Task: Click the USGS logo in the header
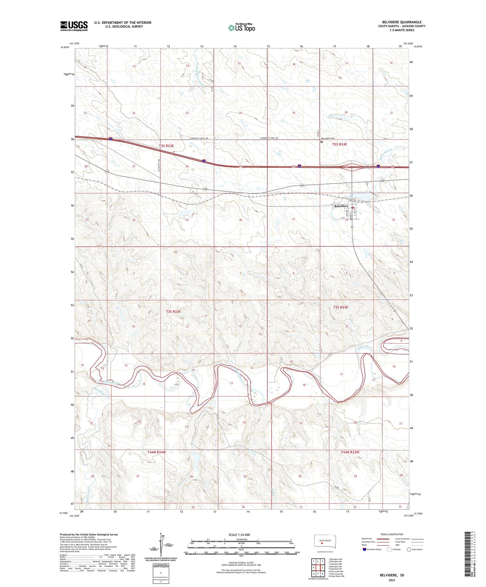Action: pos(74,26)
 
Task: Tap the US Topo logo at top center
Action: pos(241,28)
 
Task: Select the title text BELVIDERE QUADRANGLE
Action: pos(401,22)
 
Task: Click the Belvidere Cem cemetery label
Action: pos(328,139)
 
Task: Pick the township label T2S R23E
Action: pos(166,146)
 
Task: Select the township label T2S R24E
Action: pos(339,144)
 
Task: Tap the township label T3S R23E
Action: pos(173,312)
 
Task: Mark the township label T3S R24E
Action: pos(341,307)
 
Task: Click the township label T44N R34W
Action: pos(156,452)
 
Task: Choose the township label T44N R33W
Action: pos(350,452)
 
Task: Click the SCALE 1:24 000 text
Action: pos(239,535)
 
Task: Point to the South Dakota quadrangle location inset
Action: pos(323,543)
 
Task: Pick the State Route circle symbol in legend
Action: pos(409,549)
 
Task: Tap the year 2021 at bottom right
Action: pos(391,580)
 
